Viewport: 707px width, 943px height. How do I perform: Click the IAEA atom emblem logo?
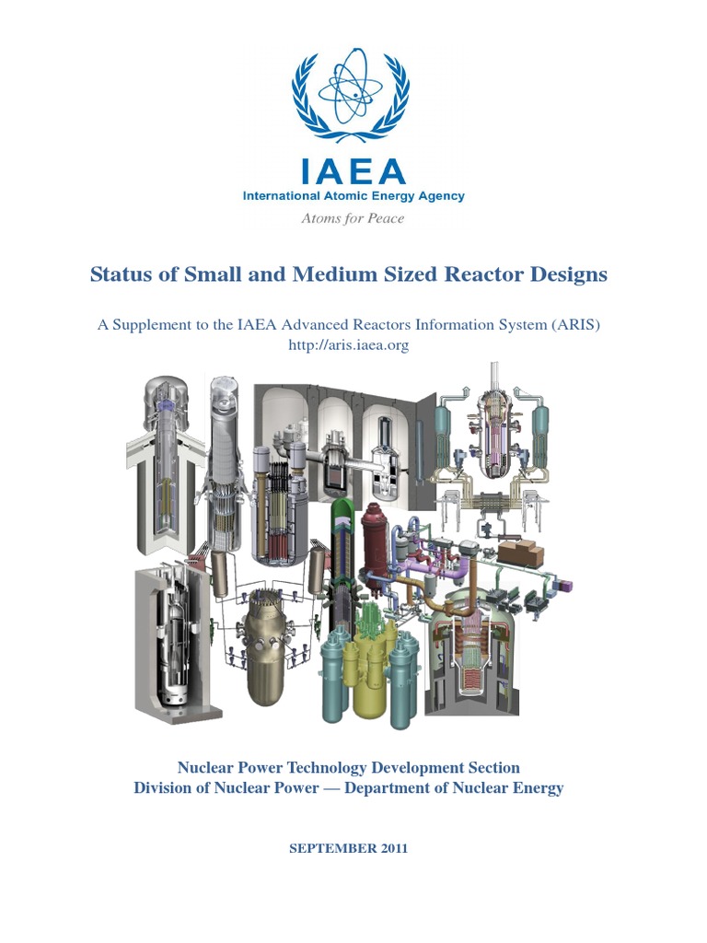click(353, 91)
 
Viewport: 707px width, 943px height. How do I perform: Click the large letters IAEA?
click(353, 172)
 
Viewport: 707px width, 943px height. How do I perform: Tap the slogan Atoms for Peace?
click(353, 218)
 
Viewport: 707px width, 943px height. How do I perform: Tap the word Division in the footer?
click(165, 787)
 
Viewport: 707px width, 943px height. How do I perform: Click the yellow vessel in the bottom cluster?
click(367, 677)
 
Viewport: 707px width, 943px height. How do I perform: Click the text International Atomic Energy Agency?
click(353, 196)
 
